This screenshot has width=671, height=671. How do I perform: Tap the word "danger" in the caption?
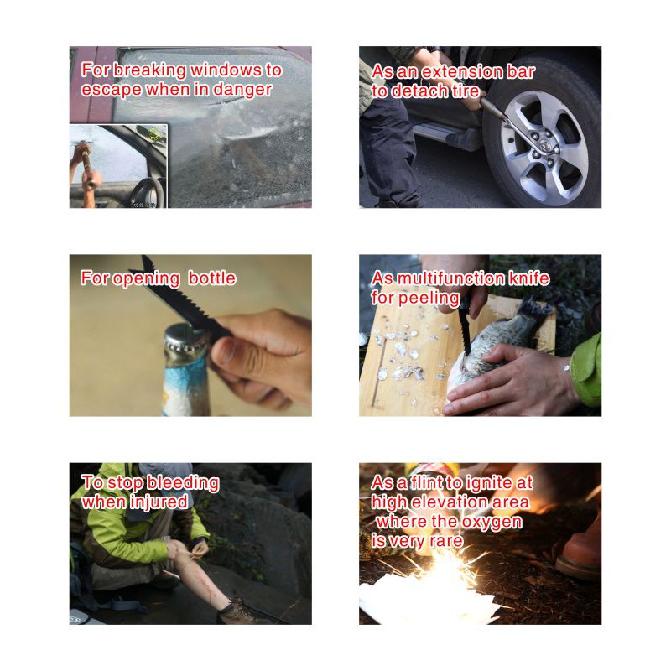[242, 90]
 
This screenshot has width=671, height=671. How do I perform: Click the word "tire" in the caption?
[465, 91]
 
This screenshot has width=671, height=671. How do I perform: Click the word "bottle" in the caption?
[212, 278]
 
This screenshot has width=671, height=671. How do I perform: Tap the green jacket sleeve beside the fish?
[586, 370]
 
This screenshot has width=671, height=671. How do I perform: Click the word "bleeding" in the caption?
[183, 482]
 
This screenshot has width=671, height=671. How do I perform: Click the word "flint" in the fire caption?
[427, 483]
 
